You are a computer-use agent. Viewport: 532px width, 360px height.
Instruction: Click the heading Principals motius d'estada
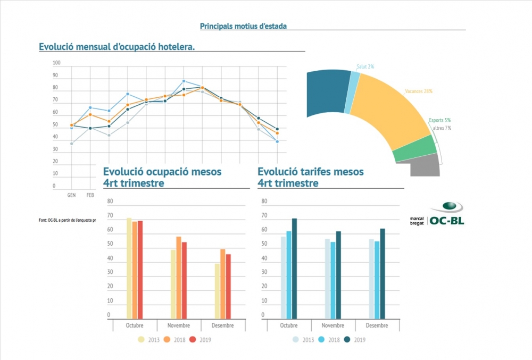click(x=243, y=26)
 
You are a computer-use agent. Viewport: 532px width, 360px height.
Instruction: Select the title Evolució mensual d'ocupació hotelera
click(x=117, y=47)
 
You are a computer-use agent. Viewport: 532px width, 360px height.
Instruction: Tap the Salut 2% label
click(x=365, y=66)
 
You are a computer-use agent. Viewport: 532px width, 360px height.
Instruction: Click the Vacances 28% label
click(x=419, y=91)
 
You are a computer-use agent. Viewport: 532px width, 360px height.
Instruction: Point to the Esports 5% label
click(x=439, y=121)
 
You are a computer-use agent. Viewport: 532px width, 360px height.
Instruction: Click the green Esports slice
click(x=415, y=148)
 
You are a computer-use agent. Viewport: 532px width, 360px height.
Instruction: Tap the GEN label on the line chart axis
click(x=71, y=195)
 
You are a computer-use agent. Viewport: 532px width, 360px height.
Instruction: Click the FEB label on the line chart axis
click(x=90, y=195)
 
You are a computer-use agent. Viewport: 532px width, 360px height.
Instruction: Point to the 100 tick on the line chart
click(x=57, y=63)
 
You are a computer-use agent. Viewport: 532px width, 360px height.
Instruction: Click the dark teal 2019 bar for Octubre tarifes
click(x=294, y=268)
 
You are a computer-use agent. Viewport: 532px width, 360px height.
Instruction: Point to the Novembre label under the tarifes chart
click(x=332, y=325)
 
